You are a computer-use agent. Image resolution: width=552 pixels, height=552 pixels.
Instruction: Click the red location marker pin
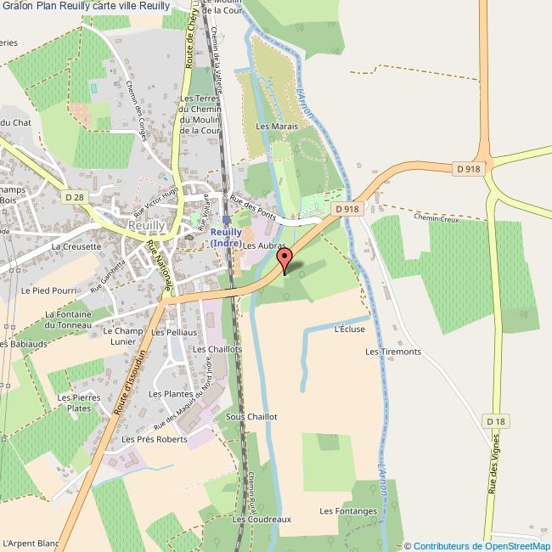coord(286,260)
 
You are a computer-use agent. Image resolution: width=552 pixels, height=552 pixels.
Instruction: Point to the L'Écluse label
coord(350,329)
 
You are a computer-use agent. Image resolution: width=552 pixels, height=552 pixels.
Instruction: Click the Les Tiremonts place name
coord(392,352)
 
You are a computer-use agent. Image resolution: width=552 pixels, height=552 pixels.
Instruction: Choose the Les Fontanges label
coord(348,511)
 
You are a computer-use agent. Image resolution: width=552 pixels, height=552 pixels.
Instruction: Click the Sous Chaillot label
coord(251,417)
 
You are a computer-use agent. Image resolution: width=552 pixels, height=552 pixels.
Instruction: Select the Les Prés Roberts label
coord(155,439)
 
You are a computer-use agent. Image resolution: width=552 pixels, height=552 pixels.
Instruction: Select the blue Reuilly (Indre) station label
coord(227,237)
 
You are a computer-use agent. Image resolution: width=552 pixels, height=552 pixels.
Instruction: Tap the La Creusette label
coord(76,246)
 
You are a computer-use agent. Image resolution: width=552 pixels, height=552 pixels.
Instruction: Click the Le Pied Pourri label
coord(49,290)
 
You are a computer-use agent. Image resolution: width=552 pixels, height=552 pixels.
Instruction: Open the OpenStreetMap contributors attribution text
coord(477,545)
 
